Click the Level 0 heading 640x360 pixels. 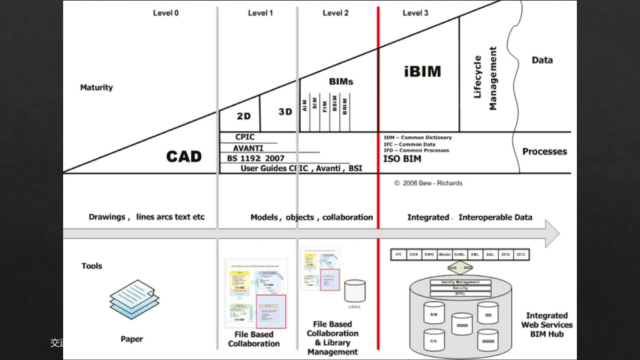[166, 13]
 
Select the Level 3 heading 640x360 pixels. [416, 13]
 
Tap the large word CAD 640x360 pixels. [184, 156]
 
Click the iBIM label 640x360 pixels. [422, 71]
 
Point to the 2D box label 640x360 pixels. [244, 116]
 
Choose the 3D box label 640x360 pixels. [285, 112]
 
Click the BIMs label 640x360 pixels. [341, 81]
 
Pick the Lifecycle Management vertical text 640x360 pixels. [486, 77]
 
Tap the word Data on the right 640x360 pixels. [542, 61]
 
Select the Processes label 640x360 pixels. [544, 151]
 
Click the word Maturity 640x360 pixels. [96, 87]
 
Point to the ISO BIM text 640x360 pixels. [402, 159]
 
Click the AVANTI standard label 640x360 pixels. [248, 149]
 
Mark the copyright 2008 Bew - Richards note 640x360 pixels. [428, 183]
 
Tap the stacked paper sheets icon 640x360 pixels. [132, 299]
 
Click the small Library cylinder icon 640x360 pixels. [354, 291]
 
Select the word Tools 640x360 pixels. [92, 266]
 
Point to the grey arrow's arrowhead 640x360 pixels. [551, 233]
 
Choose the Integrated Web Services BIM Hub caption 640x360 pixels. [547, 325]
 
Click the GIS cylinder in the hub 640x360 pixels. [434, 340]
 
